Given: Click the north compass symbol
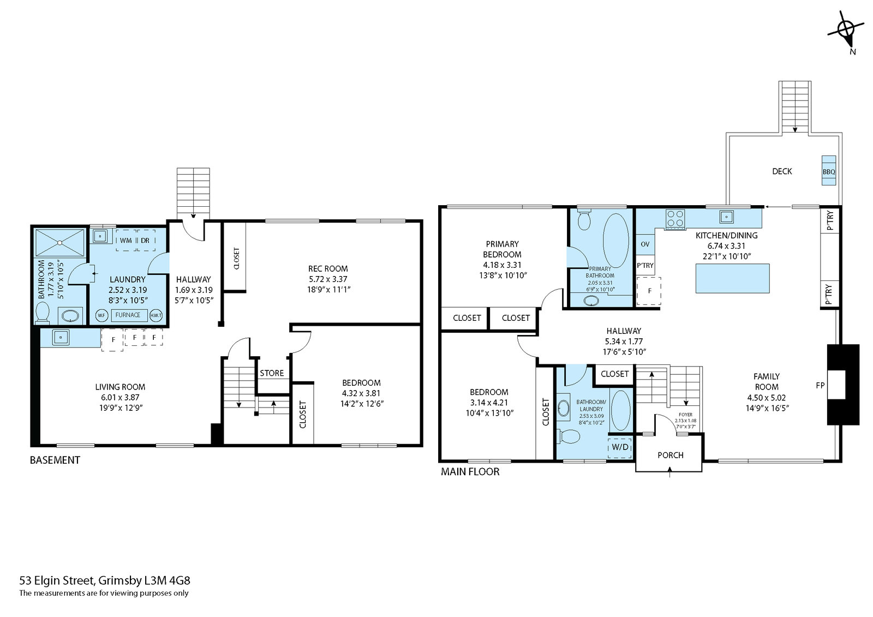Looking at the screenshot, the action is coord(846,32).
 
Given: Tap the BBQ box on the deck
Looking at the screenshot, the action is coord(829,171).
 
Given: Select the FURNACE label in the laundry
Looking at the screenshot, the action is coord(128,315).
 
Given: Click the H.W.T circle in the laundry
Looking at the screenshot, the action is coord(156,315).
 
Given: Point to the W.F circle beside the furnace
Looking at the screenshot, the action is coord(101,315).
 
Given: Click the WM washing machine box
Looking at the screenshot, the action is coord(126,240).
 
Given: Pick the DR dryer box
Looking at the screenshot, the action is coord(145,240).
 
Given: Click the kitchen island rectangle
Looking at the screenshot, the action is coord(733,278).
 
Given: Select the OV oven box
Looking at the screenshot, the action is coord(645,244).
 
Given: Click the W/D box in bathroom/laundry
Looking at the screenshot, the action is coord(620,447).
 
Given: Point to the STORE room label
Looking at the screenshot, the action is coord(272,373).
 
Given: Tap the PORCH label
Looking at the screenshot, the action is coord(671,455).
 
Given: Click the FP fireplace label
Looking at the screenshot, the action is coord(820,386).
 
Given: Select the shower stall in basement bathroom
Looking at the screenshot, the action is coord(60,243).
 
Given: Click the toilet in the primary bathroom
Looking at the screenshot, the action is coord(584,219).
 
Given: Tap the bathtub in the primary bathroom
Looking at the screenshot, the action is coord(616,241).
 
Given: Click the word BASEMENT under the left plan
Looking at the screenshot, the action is coord(55,460).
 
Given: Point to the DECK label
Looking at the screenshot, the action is coord(782,171).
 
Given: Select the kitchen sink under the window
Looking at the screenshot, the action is coord(726,217).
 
